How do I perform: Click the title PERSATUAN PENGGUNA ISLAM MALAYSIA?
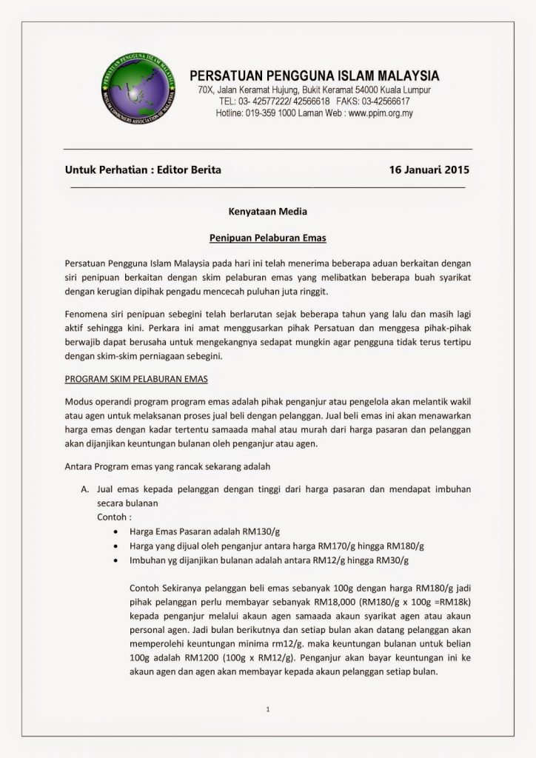(315, 76)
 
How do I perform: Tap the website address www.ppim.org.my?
(380, 113)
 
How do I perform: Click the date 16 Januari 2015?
(429, 170)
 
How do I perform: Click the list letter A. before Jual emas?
(84, 490)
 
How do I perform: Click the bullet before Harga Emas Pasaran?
(113, 531)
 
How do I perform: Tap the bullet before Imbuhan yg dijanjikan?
(113, 560)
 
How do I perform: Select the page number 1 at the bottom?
(267, 711)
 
